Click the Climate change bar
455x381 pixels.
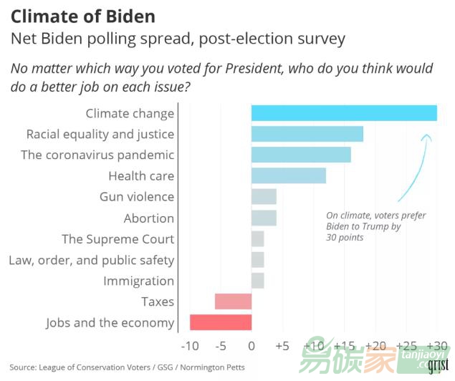tap(344, 113)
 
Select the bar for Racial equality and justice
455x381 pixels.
tap(307, 134)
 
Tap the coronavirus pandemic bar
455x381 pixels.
tap(301, 155)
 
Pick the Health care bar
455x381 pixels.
tap(289, 175)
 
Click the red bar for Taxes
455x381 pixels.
tap(233, 302)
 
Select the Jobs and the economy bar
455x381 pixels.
tap(221, 322)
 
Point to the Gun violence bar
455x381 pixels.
tap(264, 197)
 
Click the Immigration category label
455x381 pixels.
tap(138, 281)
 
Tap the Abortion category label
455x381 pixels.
tap(148, 218)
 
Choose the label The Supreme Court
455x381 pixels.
tap(118, 239)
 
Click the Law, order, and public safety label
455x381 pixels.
tap(91, 260)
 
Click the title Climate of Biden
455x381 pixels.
tap(83, 16)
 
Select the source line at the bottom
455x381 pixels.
tap(127, 367)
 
